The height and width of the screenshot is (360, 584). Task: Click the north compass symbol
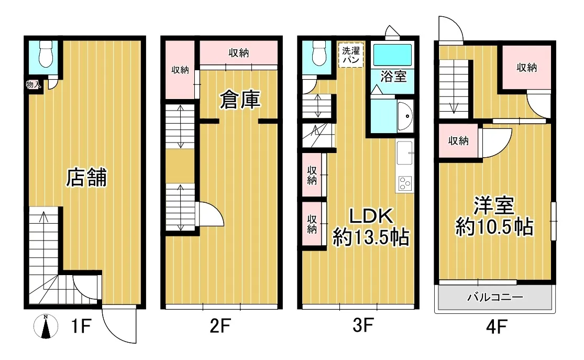(46, 326)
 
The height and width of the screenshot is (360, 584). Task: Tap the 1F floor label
(81, 326)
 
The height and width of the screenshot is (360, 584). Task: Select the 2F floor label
(221, 326)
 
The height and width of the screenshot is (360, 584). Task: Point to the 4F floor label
(497, 327)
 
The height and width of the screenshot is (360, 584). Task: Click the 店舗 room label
(86, 178)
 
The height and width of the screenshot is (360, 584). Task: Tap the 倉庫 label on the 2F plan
(240, 100)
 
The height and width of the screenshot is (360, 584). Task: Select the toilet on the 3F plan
(319, 53)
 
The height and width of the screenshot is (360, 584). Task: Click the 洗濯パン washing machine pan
(351, 55)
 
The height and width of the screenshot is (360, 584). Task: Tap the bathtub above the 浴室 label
(392, 55)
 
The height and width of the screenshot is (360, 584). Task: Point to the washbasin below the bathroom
(405, 116)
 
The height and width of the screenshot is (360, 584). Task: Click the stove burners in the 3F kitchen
(405, 183)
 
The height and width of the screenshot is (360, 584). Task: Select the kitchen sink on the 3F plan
(405, 152)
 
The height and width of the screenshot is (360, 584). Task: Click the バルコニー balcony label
(495, 297)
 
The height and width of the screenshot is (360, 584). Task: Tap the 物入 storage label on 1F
(33, 84)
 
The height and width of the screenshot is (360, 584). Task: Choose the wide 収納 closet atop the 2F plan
(239, 52)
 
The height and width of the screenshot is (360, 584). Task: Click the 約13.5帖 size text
(371, 237)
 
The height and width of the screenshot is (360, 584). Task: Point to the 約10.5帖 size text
(494, 226)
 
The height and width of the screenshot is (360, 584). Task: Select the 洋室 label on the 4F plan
(494, 205)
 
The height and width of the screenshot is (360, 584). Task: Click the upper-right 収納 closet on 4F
(526, 67)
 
